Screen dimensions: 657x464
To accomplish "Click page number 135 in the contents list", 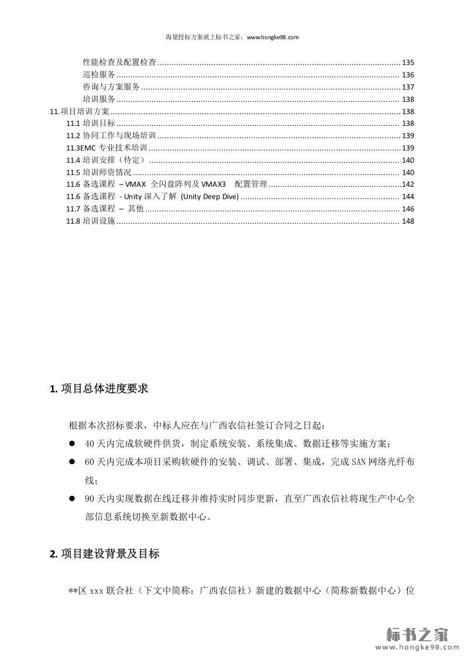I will [408, 62].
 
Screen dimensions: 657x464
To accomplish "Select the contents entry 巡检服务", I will [99, 74].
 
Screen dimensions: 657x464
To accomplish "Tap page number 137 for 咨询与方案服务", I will [408, 87].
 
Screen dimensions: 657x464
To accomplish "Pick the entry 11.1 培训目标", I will [91, 124].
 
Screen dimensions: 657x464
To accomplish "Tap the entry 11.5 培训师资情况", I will [99, 172].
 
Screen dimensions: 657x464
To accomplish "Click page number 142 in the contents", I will [408, 184].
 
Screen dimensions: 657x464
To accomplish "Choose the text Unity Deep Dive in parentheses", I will [209, 197].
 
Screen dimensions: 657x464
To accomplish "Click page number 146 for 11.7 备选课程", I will [408, 209].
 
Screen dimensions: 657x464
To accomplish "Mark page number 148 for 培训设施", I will [408, 221].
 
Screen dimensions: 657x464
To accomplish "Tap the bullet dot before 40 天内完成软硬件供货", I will [73, 443].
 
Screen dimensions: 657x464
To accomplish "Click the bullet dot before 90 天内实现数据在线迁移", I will [73, 498].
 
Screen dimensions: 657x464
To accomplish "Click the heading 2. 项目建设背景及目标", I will [105, 554].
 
